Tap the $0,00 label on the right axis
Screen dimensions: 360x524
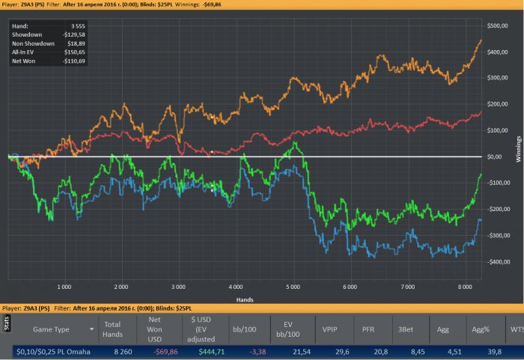(x=499, y=156)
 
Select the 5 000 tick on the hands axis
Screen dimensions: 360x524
(x=292, y=287)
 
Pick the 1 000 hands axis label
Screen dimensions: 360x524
(x=64, y=287)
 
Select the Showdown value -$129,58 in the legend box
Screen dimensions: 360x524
(x=71, y=34)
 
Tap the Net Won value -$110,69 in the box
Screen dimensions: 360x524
(x=71, y=61)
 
